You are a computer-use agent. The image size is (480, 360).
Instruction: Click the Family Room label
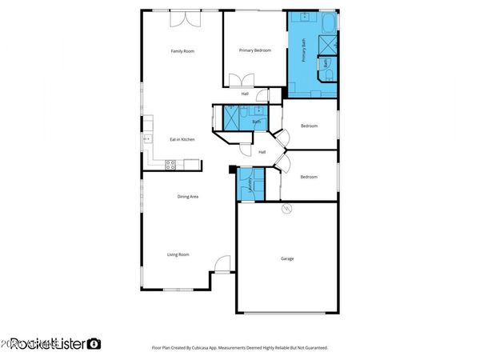coord(182,51)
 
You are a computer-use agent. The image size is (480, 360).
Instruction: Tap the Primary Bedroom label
coord(255,50)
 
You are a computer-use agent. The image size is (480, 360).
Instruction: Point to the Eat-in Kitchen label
coord(182,140)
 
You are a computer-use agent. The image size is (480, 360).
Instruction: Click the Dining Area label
coord(187,196)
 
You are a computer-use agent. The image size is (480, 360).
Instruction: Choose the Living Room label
coord(178,254)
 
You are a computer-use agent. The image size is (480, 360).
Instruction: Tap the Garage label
coord(287,258)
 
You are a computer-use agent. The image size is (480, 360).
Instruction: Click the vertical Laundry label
coord(251,186)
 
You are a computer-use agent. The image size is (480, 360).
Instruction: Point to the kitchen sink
coord(147,139)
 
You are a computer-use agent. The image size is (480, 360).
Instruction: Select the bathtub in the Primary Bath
coord(327,21)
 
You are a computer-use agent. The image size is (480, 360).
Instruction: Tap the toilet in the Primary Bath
coord(329,75)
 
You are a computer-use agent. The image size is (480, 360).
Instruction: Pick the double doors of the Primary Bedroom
coord(240,81)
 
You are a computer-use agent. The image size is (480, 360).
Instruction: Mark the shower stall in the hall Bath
coord(233,118)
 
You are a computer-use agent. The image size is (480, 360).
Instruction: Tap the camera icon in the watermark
coord(94,344)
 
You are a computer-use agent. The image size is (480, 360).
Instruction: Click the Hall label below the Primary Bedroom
coord(245,94)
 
